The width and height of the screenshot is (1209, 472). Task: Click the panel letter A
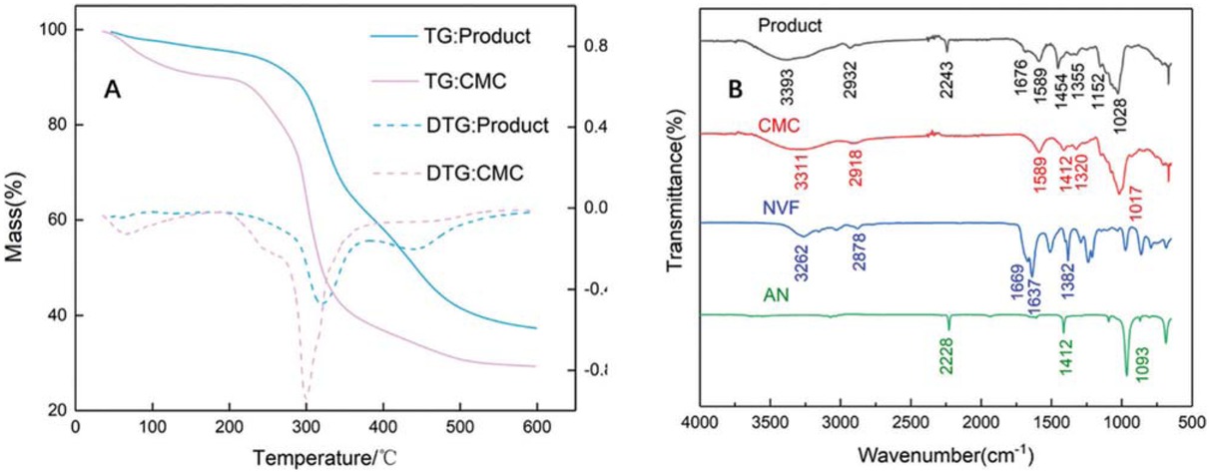coord(113,91)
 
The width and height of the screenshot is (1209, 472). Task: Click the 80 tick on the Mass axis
coord(59,126)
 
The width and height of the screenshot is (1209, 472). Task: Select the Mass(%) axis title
coord(15,220)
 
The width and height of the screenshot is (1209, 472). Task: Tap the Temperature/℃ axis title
coord(306,458)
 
